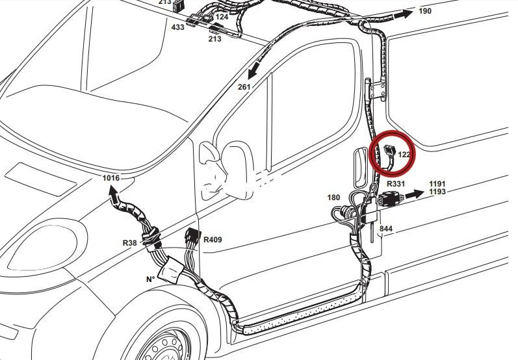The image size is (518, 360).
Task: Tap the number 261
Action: click(x=244, y=86)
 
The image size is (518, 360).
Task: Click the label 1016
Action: click(x=111, y=177)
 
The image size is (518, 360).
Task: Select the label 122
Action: click(x=404, y=155)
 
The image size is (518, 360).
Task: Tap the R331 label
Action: click(x=396, y=185)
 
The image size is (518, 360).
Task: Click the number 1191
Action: click(x=437, y=185)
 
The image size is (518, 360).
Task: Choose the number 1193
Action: click(x=437, y=192)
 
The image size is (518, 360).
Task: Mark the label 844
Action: click(x=386, y=229)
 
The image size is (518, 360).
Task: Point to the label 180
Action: click(x=333, y=197)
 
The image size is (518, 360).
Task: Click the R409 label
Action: click(x=213, y=239)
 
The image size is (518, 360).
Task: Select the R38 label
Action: click(x=129, y=242)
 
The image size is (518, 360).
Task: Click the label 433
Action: click(x=177, y=28)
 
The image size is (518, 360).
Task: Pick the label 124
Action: click(x=222, y=16)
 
